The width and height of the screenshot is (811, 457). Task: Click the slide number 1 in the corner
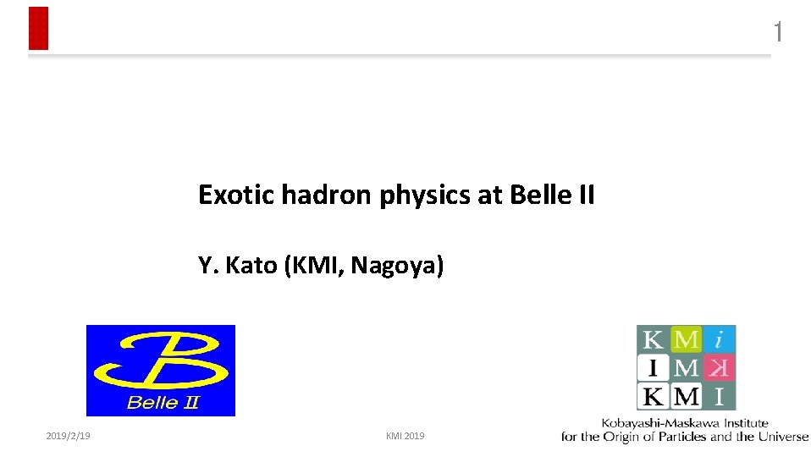pos(777,32)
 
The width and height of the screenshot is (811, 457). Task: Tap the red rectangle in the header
pos(38,28)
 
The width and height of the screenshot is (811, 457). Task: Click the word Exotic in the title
pos(225,195)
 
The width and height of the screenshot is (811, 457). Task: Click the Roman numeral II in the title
pos(585,195)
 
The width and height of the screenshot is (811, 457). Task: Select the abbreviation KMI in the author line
pos(314,266)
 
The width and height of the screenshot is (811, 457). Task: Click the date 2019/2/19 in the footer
pos(69,436)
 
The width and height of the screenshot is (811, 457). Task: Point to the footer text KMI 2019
pos(405,436)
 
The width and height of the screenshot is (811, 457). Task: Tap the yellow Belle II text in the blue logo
pos(162,402)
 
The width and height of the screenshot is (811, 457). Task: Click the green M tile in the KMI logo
pos(686,339)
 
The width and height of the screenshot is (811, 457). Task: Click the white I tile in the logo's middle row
pos(654,367)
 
